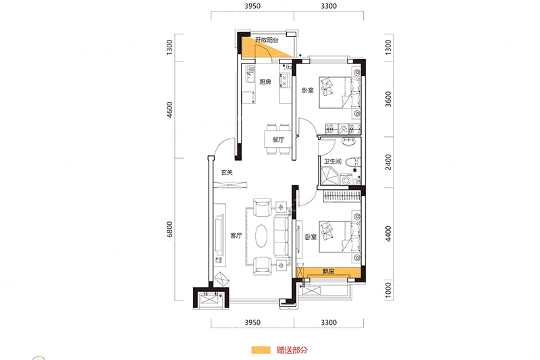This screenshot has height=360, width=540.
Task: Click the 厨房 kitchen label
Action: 265,82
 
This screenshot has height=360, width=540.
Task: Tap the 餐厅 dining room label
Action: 278,140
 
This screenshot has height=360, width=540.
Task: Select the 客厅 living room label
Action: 236,236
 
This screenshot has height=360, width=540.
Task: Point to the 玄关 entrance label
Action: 227,173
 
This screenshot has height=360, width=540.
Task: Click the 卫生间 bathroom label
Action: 332,161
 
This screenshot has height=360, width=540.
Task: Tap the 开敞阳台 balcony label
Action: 267,40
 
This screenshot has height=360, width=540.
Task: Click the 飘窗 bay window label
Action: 328,272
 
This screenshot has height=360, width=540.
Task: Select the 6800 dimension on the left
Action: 169,230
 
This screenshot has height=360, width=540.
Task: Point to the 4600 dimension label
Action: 169,110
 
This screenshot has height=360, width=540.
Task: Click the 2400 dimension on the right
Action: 388,162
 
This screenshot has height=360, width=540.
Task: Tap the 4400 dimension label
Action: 388,234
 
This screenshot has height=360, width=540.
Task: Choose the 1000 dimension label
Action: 388,290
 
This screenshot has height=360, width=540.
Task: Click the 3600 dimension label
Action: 388,99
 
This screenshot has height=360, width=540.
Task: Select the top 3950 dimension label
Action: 252,6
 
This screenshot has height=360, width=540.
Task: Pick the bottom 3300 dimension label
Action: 329,322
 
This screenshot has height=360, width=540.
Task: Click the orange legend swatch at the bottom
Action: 261,350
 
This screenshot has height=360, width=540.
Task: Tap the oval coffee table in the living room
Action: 261,236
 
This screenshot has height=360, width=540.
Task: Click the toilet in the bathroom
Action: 353,162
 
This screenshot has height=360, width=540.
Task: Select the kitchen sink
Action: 249,75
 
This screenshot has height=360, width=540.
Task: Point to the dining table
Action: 277,140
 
